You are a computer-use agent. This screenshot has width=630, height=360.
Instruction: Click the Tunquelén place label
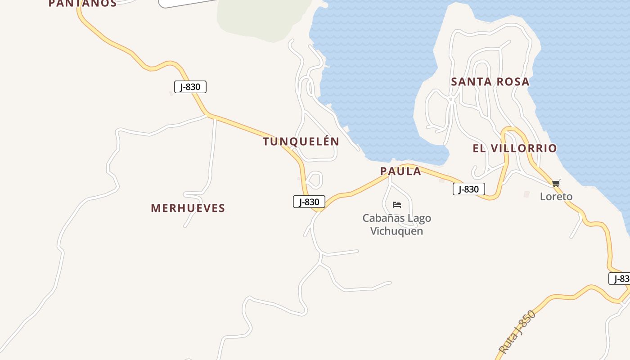[x=301, y=141]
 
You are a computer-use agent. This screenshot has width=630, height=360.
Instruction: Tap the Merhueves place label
[x=188, y=208]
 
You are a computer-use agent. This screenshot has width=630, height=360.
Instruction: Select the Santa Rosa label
[x=490, y=82]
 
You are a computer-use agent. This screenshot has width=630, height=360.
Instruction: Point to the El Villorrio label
[x=515, y=148]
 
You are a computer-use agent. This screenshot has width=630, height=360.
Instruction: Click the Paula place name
[x=400, y=171]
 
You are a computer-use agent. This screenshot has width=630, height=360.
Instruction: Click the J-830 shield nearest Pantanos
[x=190, y=87]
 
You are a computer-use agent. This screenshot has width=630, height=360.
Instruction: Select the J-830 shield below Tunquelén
[x=309, y=202]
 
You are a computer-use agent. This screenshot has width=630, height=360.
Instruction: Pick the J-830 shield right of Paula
[x=468, y=189]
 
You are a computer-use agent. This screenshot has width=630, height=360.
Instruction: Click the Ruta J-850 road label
[x=517, y=332]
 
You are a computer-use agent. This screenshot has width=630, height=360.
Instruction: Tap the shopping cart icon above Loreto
[x=556, y=183]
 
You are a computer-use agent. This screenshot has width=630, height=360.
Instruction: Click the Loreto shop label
[x=556, y=197]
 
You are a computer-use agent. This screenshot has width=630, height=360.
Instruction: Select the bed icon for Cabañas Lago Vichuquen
[x=396, y=205]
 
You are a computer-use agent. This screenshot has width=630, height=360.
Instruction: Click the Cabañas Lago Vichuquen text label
[x=396, y=225]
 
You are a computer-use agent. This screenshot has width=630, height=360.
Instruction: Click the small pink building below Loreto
[x=526, y=194]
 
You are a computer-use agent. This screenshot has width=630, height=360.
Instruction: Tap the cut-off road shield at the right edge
[x=620, y=279]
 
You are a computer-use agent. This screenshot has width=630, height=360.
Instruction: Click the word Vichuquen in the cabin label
[x=396, y=231]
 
